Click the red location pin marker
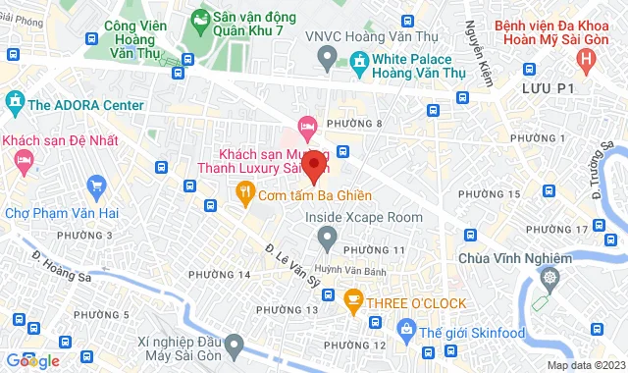point(314,165)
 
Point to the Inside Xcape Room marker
point(328,237)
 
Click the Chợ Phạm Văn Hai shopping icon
point(96,185)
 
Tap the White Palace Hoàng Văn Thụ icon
point(358,61)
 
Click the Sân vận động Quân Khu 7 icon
point(199,18)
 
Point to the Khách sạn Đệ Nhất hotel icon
point(25,158)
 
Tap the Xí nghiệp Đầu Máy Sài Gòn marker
point(234,345)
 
